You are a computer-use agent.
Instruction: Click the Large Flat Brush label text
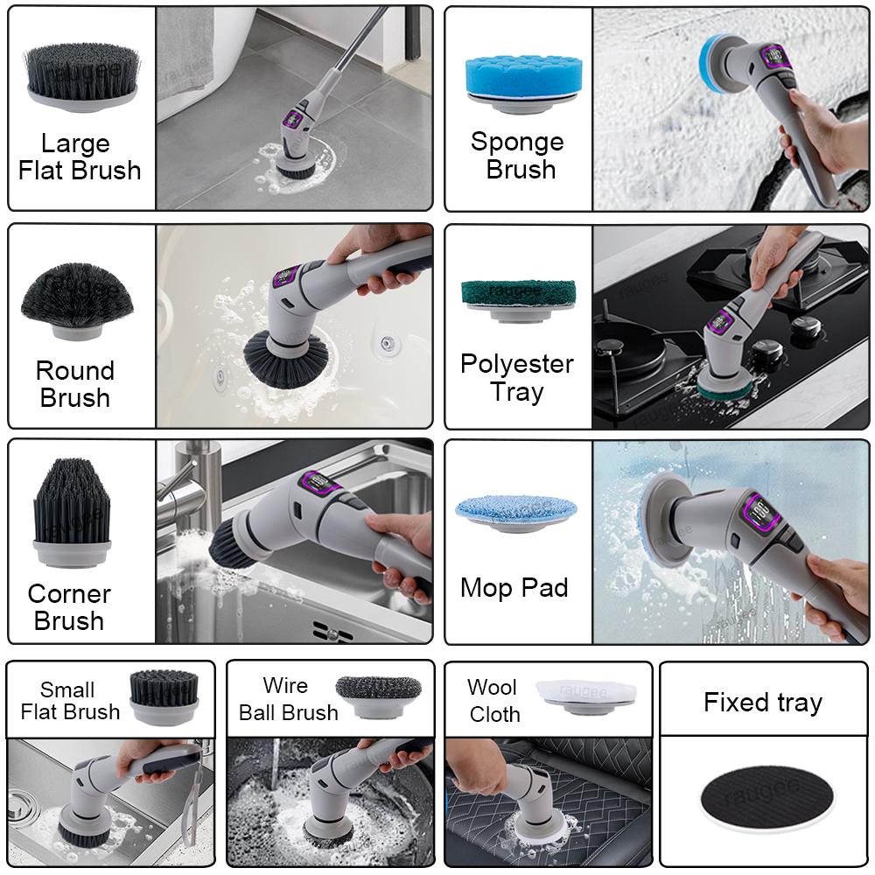pos(80,157)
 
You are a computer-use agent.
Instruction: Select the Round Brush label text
pos(75,384)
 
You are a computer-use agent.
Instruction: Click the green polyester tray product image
pos(518,298)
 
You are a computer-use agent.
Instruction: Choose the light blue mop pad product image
pos(515,513)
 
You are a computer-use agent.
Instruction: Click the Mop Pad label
pos(514,588)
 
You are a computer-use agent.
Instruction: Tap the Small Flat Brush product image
pos(164,696)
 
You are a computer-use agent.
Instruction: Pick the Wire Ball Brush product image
pos(378,696)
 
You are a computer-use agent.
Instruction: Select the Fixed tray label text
pos(763,703)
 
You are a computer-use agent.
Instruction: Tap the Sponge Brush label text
pos(517,155)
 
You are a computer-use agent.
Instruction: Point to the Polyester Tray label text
pos(517,377)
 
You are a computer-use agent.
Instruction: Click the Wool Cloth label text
pos(494,701)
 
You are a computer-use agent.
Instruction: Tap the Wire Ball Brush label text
pos(288,699)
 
